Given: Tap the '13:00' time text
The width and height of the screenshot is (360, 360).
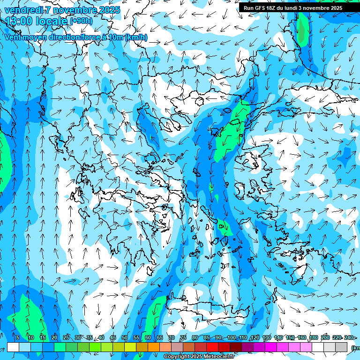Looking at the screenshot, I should point(18,21).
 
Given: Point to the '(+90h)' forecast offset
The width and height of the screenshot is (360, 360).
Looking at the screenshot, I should point(81,21).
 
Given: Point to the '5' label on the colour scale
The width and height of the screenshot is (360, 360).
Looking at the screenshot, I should point(17,338).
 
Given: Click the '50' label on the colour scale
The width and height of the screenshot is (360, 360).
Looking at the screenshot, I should point(125,338).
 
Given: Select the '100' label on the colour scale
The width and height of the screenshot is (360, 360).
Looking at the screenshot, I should point(231,338).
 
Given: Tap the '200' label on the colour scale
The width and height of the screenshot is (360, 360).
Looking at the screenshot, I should point(325,338).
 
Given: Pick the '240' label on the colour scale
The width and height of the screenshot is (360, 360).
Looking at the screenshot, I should point(348,338).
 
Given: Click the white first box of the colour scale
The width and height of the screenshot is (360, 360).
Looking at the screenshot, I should point(13,347).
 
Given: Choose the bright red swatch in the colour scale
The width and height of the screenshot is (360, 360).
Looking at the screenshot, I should point(212,347).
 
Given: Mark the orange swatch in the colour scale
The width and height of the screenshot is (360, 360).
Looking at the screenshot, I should point(154,347).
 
